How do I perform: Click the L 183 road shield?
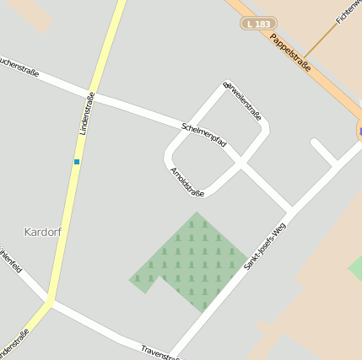[259, 24]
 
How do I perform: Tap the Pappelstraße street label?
[291, 52]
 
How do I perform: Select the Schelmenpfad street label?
[203, 135]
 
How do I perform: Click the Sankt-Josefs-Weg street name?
[266, 245]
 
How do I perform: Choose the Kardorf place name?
[44, 231]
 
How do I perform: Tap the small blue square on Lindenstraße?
[77, 161]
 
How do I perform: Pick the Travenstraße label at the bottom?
[160, 352]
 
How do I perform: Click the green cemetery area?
[191, 261]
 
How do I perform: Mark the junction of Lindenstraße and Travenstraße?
[51, 302]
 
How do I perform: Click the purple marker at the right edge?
[359, 132]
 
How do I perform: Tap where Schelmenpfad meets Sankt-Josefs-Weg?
[290, 207]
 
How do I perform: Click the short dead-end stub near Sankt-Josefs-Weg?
[324, 151]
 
